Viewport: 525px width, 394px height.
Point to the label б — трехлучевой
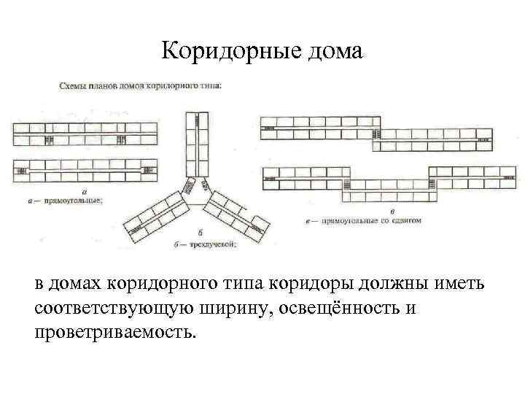coord(205,244)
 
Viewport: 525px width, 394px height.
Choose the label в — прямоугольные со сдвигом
coord(360,220)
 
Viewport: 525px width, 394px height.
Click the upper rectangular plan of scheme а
coord(85,134)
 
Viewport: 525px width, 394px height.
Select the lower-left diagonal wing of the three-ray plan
coord(155,215)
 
